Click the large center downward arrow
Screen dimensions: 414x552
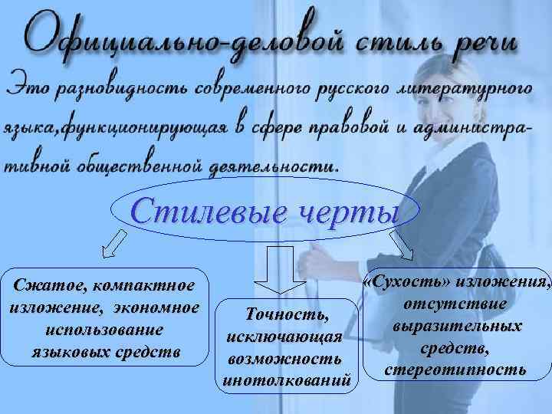click(x=279, y=273)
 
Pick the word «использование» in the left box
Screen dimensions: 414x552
click(x=103, y=330)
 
